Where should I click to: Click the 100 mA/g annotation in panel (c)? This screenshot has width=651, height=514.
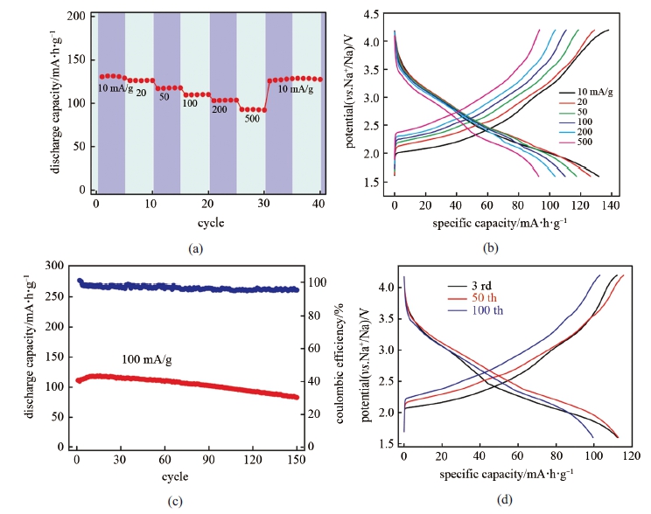(x=145, y=359)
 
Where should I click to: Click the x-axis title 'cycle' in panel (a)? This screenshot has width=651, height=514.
(x=210, y=223)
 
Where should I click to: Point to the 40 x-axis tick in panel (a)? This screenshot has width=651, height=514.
(x=320, y=205)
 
